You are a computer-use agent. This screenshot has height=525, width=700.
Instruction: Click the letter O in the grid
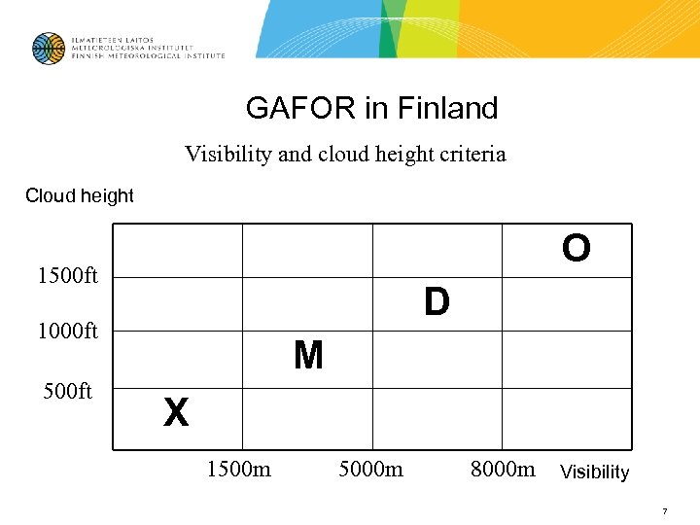tap(576, 249)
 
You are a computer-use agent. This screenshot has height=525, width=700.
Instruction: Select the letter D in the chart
tap(437, 302)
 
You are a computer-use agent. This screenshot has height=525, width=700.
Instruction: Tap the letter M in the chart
tap(308, 357)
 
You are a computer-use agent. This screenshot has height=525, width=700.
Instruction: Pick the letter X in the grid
tap(176, 413)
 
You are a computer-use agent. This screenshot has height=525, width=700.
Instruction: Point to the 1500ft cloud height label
tap(67, 277)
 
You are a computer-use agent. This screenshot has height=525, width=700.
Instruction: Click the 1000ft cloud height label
tap(67, 332)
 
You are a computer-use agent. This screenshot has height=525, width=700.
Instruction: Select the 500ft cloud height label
tap(67, 391)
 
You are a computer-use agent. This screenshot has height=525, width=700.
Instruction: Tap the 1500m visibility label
tap(238, 471)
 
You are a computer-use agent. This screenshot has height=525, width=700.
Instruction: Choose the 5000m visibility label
tap(370, 471)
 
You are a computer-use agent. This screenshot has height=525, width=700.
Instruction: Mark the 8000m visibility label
tap(503, 471)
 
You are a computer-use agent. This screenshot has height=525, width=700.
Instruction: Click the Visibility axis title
tap(594, 472)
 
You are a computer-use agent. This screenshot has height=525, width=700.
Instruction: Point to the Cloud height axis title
tap(80, 195)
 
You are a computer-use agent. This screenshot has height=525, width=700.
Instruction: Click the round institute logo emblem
tap(48, 49)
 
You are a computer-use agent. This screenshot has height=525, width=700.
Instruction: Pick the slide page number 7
tap(664, 510)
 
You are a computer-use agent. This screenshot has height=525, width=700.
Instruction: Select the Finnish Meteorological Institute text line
tap(147, 56)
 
